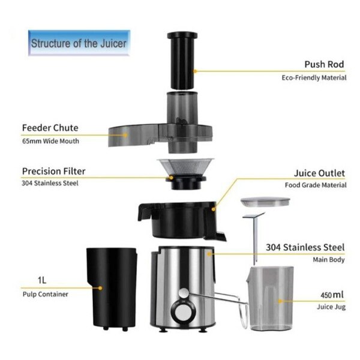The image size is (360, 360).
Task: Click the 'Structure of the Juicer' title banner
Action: (x=79, y=43)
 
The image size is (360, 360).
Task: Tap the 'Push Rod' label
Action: (x=324, y=64)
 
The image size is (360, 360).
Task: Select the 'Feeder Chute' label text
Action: (x=50, y=128)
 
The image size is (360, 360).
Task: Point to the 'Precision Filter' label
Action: (x=54, y=171)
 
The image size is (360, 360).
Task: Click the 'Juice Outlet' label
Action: (x=319, y=173)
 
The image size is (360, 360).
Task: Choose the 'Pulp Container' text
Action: (x=46, y=294)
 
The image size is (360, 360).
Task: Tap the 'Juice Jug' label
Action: (x=331, y=307)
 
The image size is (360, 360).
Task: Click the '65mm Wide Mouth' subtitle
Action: (x=50, y=141)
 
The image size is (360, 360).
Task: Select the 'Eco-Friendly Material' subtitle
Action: (x=314, y=78)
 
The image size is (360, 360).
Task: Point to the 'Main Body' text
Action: (x=329, y=260)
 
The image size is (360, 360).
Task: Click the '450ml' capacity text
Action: (x=332, y=295)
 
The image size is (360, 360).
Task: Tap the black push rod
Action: (x=182, y=61)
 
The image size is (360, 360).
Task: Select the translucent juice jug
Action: (x=270, y=298)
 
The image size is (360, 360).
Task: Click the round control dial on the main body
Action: (x=184, y=313)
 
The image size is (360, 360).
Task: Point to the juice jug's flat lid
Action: (x=265, y=202)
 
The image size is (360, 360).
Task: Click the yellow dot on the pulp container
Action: (x=100, y=288)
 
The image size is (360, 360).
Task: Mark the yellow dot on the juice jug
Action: (x=280, y=301)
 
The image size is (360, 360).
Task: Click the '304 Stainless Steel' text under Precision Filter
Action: (x=50, y=183)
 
